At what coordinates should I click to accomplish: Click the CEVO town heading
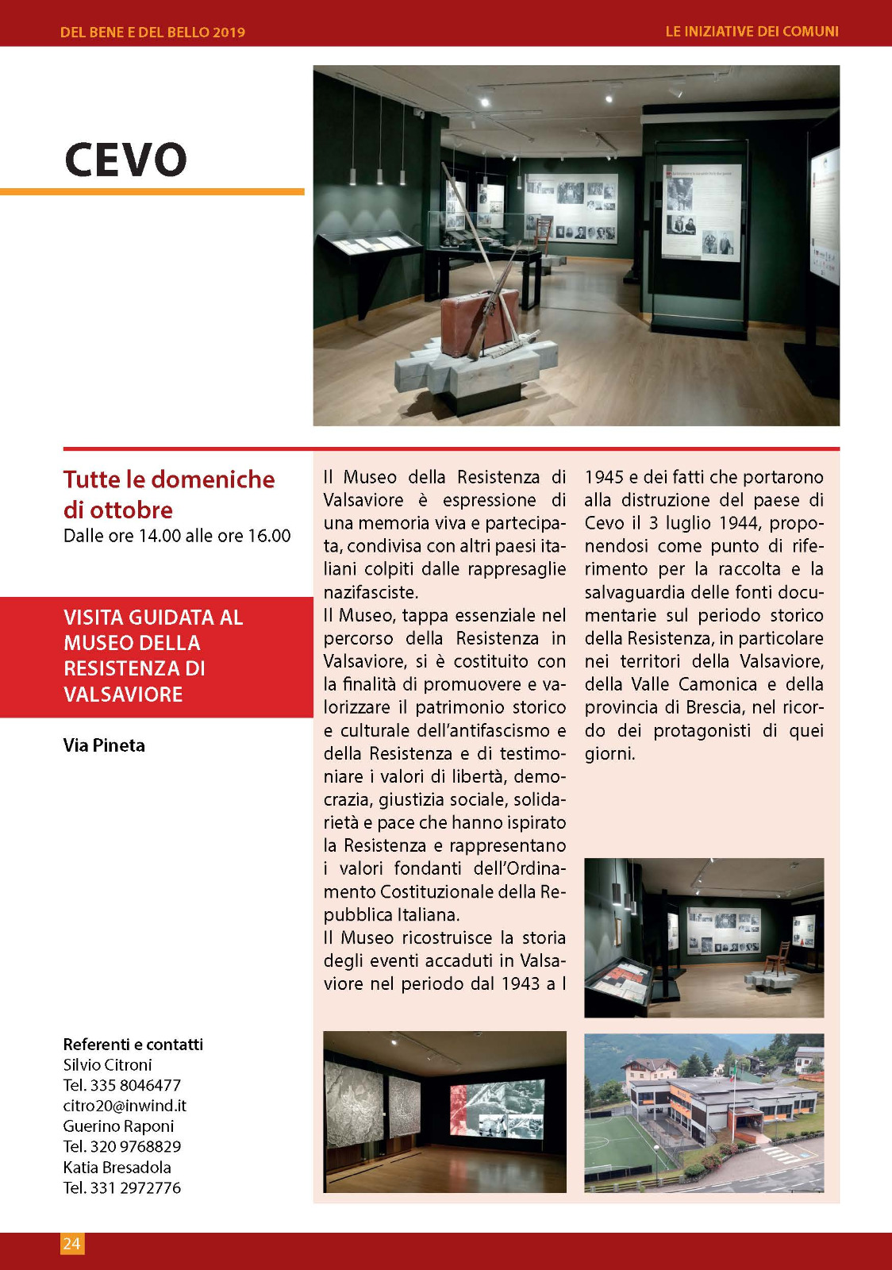click(125, 160)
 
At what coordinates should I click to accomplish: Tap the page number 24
click(71, 1243)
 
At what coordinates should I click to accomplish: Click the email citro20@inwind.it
click(125, 1106)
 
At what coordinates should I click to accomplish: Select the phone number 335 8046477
click(135, 1085)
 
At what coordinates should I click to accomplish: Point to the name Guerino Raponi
click(118, 1126)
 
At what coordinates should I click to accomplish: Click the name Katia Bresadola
click(117, 1168)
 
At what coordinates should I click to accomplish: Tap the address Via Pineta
click(104, 745)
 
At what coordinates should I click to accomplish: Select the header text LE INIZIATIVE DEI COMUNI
click(752, 32)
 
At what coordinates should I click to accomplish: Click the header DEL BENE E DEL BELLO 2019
click(152, 33)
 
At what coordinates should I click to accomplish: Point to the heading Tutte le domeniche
click(169, 479)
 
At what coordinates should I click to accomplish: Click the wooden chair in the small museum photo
click(777, 958)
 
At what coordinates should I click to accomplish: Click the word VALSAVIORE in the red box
click(123, 695)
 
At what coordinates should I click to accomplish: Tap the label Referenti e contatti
click(133, 1045)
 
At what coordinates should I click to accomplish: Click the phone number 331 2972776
click(135, 1188)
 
